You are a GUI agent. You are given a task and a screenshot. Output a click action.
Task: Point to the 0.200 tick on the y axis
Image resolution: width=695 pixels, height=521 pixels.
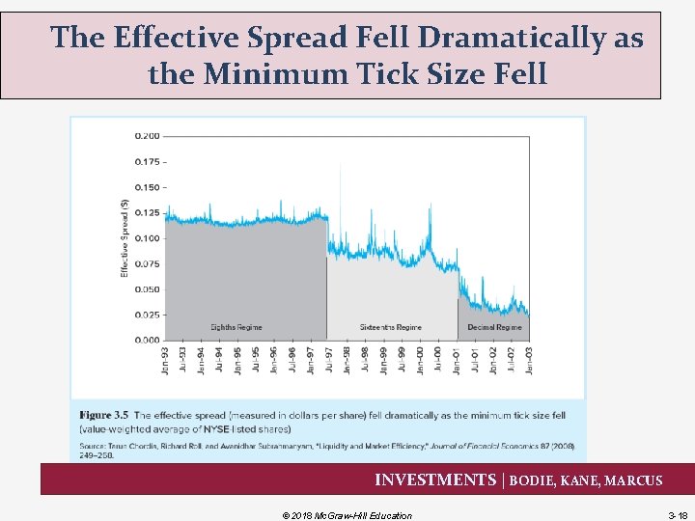pyautogui.click(x=148, y=136)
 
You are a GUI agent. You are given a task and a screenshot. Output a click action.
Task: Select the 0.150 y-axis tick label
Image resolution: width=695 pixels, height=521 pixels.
pyautogui.click(x=148, y=187)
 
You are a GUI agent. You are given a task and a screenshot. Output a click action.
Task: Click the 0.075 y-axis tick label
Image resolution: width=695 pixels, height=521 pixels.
pyautogui.click(x=148, y=263)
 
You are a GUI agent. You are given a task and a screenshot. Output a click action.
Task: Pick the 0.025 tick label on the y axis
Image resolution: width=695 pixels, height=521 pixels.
pyautogui.click(x=148, y=315)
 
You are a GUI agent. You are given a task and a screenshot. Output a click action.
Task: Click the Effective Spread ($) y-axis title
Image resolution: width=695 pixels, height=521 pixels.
pyautogui.click(x=125, y=237)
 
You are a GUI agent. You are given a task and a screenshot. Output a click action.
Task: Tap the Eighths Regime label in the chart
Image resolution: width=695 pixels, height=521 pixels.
pyautogui.click(x=236, y=328)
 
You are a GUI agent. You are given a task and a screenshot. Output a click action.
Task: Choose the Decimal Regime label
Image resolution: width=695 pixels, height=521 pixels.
pyautogui.click(x=494, y=328)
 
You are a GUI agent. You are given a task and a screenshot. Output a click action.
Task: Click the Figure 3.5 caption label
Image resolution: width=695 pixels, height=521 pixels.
pyautogui.click(x=103, y=416)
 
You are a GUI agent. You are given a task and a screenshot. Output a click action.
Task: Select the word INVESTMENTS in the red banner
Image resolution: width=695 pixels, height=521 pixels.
pyautogui.click(x=434, y=480)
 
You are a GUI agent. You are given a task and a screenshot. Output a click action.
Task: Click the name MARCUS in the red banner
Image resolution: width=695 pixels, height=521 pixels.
pyautogui.click(x=633, y=480)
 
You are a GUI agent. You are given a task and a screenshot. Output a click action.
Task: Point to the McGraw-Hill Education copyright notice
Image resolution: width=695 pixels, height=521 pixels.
pyautogui.click(x=347, y=515)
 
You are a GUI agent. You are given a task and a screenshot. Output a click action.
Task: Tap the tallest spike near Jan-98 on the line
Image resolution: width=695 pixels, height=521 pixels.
pyautogui.click(x=339, y=197)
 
